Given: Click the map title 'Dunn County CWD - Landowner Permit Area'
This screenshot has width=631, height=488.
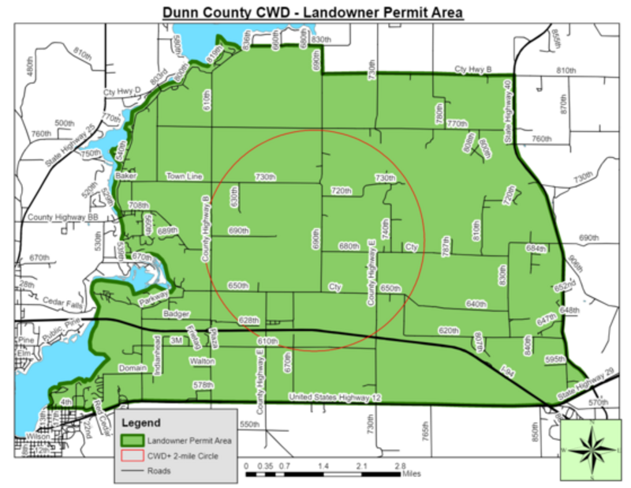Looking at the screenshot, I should pyautogui.click(x=312, y=13).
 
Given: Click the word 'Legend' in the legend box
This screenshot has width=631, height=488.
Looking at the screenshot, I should pyautogui.click(x=143, y=422).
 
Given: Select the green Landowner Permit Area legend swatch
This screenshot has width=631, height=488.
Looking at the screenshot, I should pyautogui.click(x=133, y=440).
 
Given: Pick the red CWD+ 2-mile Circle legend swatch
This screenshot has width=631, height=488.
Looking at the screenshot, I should pyautogui.click(x=133, y=456).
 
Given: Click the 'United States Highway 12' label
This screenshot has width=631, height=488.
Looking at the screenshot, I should pyautogui.click(x=335, y=396).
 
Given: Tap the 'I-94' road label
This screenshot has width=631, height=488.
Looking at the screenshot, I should pyautogui.click(x=508, y=370).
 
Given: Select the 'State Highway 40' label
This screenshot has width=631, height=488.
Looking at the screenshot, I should pyautogui.click(x=509, y=110).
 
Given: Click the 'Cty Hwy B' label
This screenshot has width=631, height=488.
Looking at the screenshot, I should pyautogui.click(x=472, y=69).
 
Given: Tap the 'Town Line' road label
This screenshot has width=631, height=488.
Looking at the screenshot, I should pyautogui.click(x=185, y=176).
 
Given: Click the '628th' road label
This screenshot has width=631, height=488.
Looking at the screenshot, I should pyautogui.click(x=248, y=320).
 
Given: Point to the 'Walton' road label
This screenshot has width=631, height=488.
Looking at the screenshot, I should pyautogui.click(x=202, y=360).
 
